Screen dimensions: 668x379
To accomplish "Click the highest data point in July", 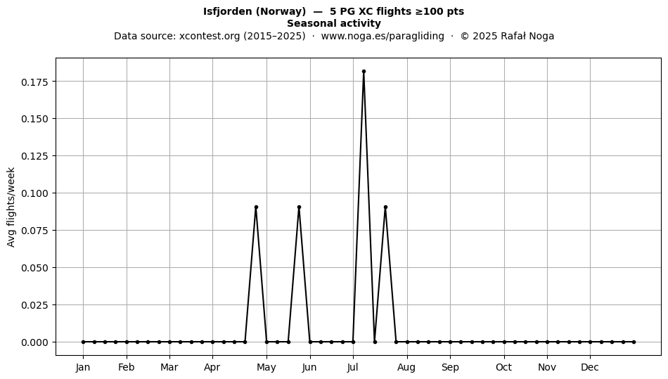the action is pyautogui.click(x=364, y=72).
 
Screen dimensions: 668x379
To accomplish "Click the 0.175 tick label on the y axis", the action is pyautogui.click(x=34, y=82).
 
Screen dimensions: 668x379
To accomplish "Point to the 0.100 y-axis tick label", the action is pyautogui.click(x=34, y=193).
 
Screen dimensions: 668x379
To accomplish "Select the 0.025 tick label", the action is pyautogui.click(x=34, y=305).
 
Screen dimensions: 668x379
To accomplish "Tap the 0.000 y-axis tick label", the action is pyautogui.click(x=34, y=342).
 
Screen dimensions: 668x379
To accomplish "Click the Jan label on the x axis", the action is pyautogui.click(x=83, y=368).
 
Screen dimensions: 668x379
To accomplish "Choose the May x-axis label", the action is pyautogui.click(x=266, y=368).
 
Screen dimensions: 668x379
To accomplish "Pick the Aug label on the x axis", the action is pyautogui.click(x=406, y=368).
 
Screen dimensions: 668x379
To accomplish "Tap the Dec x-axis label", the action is pyautogui.click(x=590, y=368).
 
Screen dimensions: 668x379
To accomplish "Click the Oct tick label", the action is pyautogui.click(x=504, y=368).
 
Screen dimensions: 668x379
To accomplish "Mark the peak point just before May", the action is pyautogui.click(x=256, y=207).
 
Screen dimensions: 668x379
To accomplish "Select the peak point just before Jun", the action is pyautogui.click(x=299, y=207).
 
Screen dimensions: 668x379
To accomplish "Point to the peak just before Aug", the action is pyautogui.click(x=385, y=207).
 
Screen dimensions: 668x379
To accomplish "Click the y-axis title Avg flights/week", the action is pyautogui.click(x=11, y=207).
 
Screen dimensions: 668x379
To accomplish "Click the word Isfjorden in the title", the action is pyautogui.click(x=228, y=11).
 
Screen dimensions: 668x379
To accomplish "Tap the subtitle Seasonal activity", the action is pyautogui.click(x=334, y=23).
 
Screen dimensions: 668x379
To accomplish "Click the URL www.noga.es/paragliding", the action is pyautogui.click(x=383, y=36).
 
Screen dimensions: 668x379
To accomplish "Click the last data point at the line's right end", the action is pyautogui.click(x=634, y=342).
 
